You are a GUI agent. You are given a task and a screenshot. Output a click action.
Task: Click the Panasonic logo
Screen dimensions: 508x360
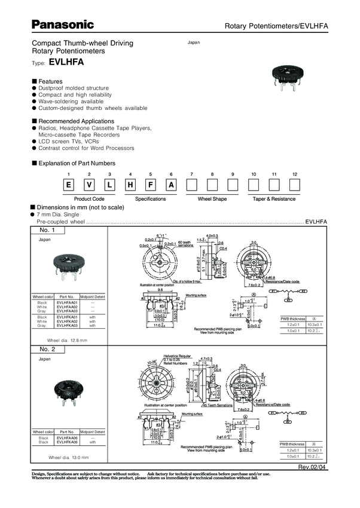pyautogui.click(x=63, y=25)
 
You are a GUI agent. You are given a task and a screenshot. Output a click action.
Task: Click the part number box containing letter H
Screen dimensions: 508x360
pyautogui.click(x=150, y=185)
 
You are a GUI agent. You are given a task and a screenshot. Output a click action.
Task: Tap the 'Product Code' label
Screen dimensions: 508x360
pyautogui.click(x=90, y=198)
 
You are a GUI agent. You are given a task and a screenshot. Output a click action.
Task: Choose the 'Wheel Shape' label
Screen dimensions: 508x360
pyautogui.click(x=212, y=198)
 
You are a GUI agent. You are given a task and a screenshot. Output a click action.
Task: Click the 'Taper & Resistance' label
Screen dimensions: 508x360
pyautogui.click(x=274, y=198)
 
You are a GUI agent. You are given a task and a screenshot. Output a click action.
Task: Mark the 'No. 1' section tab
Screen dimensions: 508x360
pyautogui.click(x=47, y=230)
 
